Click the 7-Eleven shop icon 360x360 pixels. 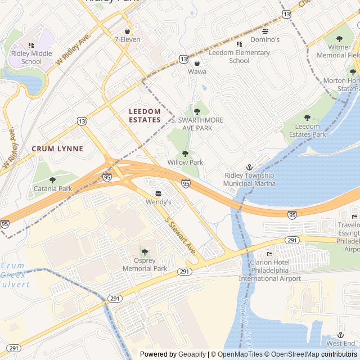[127, 31]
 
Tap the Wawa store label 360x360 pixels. [197, 71]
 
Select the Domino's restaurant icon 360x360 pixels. [265, 31]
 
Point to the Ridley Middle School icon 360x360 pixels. [31, 45]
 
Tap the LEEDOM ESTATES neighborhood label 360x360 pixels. [145, 115]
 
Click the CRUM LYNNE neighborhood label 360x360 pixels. [57, 148]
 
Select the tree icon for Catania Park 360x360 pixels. [52, 180]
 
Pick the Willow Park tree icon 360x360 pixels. [185, 154]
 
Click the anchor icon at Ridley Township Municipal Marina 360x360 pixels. [249, 167]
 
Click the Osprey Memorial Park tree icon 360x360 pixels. [145, 252]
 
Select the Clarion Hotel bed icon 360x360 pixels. [269, 254]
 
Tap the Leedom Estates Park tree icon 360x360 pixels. [307, 118]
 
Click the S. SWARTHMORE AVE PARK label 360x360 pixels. [197, 124]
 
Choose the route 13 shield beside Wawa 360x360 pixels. [183, 58]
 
